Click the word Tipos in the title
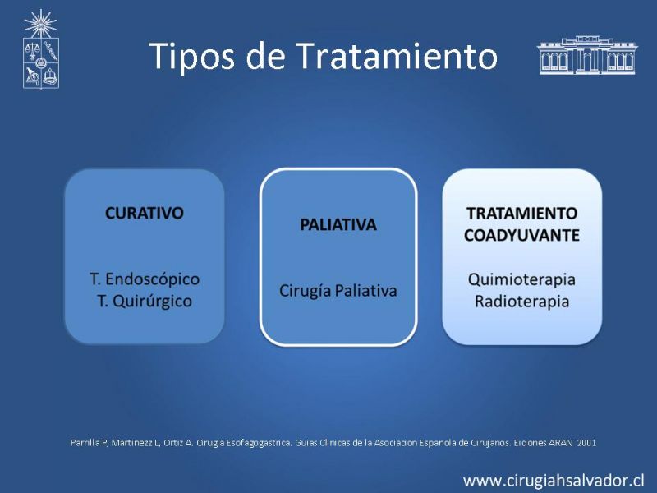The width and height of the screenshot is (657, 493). pos(191,56)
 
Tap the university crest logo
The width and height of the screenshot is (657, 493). pos(40,49)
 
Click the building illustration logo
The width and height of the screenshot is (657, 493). pos(587,55)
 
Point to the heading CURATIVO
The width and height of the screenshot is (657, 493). pos(145,213)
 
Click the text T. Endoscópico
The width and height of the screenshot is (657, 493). pos(145,279)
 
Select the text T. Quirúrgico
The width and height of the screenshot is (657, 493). pos(145,301)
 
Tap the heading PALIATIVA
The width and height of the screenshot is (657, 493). pos(338,224)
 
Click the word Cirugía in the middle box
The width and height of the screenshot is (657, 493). pos(305,291)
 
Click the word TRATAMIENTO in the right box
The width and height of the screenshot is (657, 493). pos(522,214)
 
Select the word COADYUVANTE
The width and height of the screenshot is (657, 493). pos(521,235)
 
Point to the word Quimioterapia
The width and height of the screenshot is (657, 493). pos(521,279)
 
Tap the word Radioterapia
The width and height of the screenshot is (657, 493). pos(521,302)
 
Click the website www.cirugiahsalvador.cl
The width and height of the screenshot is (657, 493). pos(553,480)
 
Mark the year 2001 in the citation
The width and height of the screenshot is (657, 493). pos(586,443)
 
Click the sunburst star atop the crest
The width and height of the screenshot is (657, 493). pos(40,24)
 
